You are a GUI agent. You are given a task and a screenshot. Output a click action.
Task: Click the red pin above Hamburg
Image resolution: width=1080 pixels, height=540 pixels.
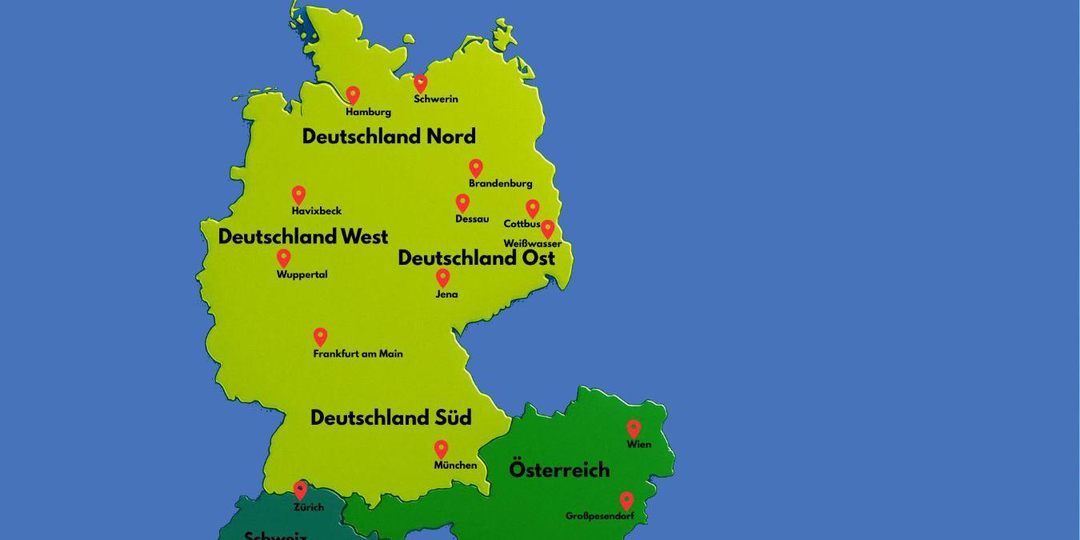pos(353,95)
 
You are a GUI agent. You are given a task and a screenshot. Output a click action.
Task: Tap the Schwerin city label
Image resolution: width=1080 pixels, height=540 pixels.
pos(436,99)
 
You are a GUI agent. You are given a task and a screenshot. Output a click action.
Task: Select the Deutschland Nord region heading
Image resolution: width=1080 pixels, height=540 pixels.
pos(389,136)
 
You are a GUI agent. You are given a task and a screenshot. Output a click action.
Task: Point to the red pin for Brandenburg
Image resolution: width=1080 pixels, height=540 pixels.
pos(476,168)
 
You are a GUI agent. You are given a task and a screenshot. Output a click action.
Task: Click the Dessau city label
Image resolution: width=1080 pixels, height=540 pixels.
pos(472,219)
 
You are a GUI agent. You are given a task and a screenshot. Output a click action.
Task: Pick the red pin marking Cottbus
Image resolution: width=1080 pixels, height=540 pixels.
pos(532,208)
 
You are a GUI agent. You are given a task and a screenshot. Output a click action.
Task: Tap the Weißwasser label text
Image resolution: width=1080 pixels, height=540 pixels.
pos(532,243)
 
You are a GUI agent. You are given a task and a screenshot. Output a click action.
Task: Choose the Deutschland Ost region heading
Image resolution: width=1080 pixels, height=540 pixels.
pos(476,258)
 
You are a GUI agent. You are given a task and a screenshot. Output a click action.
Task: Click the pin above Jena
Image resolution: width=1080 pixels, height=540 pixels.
pos(442,278)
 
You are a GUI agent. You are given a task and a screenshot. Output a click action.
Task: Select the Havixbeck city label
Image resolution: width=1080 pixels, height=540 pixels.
pos(317,211)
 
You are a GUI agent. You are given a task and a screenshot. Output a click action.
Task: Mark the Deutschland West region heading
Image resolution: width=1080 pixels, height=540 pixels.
pos(303,237)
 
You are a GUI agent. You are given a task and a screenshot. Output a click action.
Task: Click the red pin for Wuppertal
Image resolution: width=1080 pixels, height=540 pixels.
pos(283,258)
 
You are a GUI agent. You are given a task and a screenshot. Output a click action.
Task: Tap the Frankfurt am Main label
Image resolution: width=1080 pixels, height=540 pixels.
pos(358,354)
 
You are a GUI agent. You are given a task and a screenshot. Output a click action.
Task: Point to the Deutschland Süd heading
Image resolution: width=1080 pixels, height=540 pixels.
pos(391,418)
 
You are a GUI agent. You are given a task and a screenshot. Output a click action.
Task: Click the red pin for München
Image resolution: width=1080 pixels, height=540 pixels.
pos(441,449)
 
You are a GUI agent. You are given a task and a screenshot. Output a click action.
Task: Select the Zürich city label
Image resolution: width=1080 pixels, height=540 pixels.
pos(309,507)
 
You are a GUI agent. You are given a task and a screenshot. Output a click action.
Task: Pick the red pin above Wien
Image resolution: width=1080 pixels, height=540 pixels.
pos(634,429)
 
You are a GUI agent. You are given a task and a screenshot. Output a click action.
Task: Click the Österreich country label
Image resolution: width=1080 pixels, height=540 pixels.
pos(559,470)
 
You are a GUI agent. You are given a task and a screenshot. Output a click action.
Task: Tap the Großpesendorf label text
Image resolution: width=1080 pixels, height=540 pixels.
pos(600,517)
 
